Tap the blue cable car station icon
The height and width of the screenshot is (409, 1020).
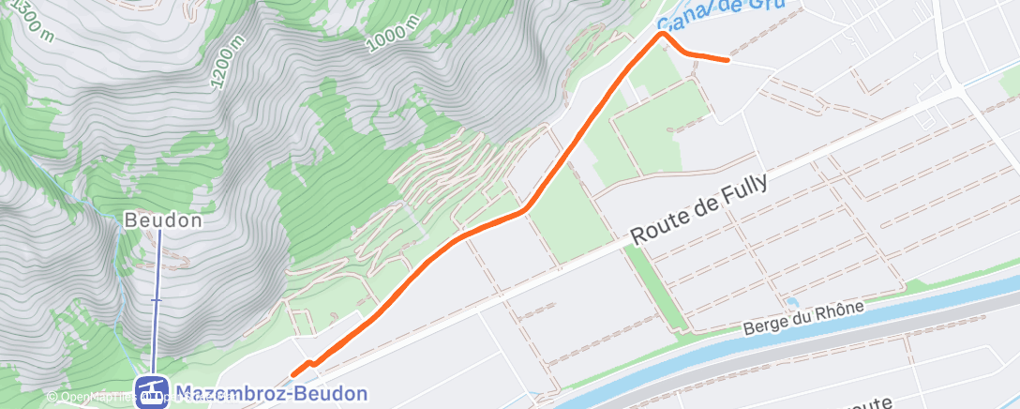pos(150,393)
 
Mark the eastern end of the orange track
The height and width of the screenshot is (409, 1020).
pos(727,60)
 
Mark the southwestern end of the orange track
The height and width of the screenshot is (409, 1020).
pos(293,374)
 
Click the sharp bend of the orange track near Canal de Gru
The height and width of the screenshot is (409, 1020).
pos(664,34)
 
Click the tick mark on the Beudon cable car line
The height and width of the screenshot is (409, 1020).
pos(157,299)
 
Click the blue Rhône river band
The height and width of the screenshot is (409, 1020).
pos(656,360)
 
